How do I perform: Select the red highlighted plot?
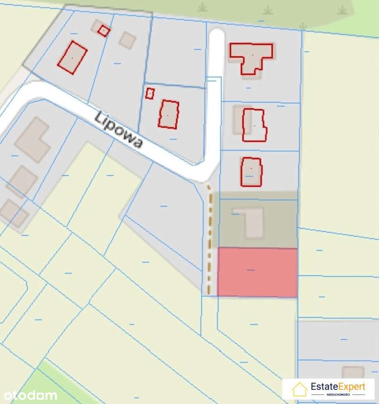click(257, 273)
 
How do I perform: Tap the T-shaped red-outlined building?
click(251, 57)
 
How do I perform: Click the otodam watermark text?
click(28, 395)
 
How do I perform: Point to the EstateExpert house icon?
click(299, 389)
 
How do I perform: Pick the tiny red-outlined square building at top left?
click(104, 31)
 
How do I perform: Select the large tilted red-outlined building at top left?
click(72, 57)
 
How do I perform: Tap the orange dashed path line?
click(209, 238)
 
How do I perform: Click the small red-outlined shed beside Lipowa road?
click(150, 93)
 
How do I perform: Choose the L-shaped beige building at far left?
click(32, 139)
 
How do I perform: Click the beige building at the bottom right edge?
click(353, 372)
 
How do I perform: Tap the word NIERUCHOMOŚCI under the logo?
click(338, 394)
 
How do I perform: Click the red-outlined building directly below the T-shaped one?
click(254, 125)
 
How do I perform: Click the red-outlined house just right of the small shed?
click(168, 114)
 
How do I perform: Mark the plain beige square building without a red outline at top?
click(128, 40)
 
